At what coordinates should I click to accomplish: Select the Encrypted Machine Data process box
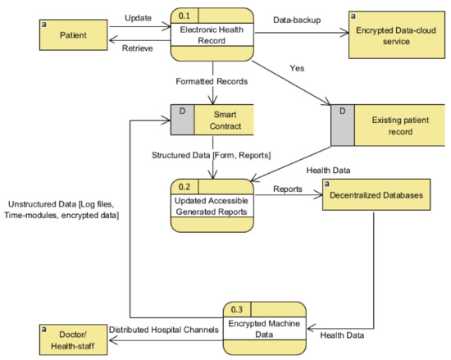pyautogui.click(x=264, y=327)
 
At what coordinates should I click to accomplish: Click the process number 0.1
pyautogui.click(x=185, y=14)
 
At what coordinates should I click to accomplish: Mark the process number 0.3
pyautogui.click(x=237, y=308)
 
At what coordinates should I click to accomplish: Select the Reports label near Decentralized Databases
pyautogui.click(x=287, y=188)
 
